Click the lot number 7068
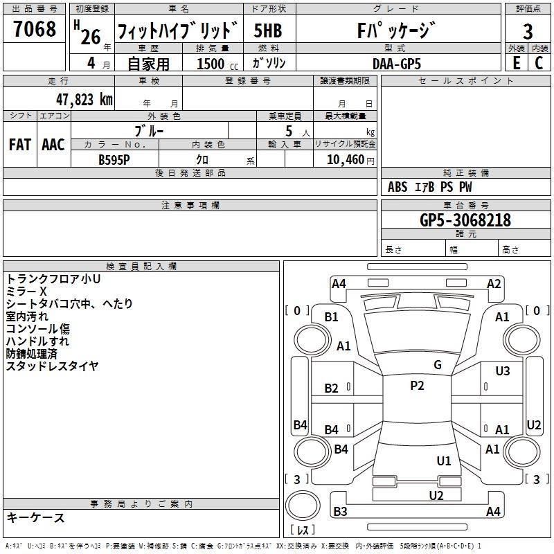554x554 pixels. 35,30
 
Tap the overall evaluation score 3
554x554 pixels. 528,31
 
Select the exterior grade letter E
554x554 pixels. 516,62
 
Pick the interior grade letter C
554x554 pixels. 539,62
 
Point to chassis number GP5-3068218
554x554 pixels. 465,220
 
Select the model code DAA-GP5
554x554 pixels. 396,63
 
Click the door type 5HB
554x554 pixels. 268,30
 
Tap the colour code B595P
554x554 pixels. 114,159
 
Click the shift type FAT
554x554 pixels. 20,145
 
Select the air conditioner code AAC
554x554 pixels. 53,145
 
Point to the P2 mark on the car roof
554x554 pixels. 417,386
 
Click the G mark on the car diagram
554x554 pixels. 438,365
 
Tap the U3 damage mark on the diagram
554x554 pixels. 503,371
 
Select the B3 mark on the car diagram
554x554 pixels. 340,511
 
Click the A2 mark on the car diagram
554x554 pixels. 494,283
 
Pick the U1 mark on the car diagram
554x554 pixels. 444,461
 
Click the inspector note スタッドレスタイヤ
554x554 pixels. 53,366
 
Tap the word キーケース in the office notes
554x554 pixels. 36,518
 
